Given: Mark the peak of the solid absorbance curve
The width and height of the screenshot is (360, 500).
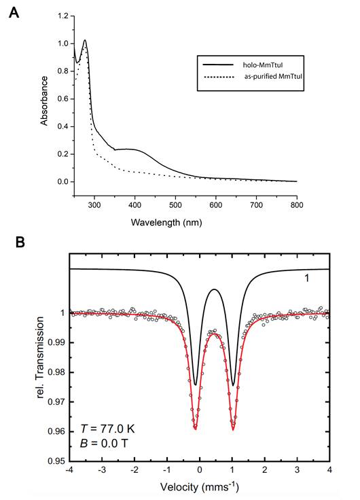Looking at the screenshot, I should (x=86, y=40).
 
